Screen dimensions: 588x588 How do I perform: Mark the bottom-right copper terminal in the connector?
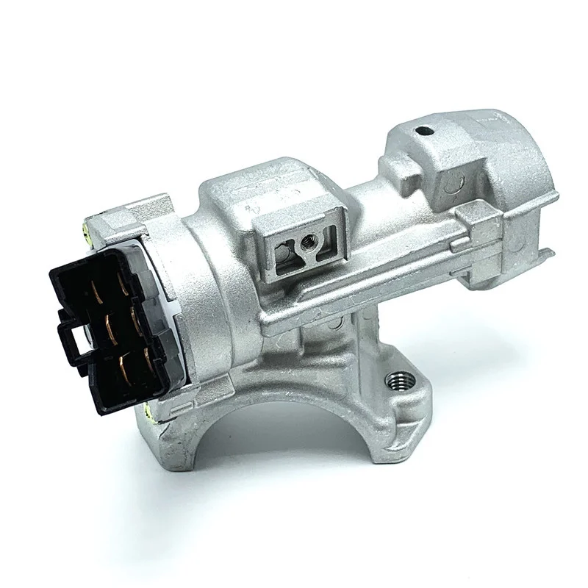[152, 356]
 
